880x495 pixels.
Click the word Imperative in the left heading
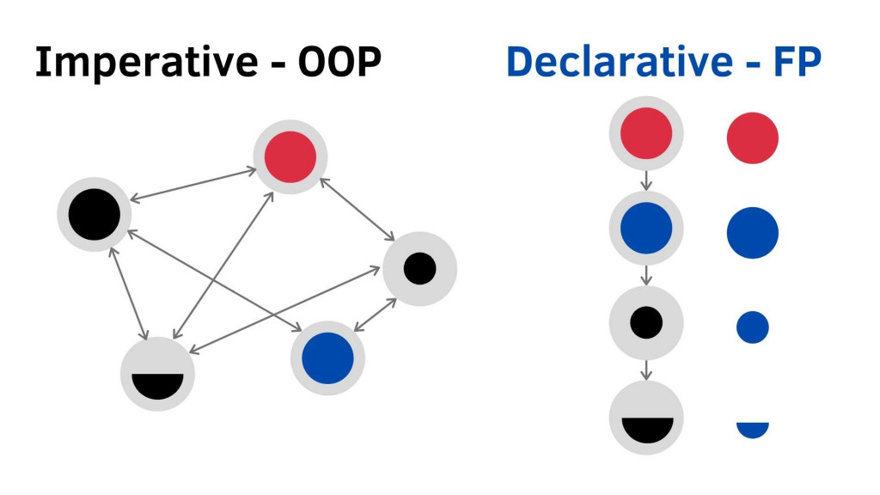click(146, 63)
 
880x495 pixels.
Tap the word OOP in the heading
click(339, 61)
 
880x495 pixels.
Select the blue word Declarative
click(620, 61)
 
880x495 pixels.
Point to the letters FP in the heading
click(797, 61)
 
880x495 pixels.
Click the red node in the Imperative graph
click(290, 157)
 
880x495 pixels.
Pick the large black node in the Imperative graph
click(95, 214)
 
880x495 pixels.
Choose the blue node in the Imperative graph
click(327, 358)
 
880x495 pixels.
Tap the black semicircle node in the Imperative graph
click(158, 374)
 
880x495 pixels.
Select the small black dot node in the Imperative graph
click(419, 269)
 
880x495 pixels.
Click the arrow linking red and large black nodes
click(193, 185)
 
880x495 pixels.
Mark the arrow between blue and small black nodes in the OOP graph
click(376, 315)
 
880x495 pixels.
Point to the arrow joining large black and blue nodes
click(214, 279)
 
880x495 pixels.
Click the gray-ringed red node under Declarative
click(646, 133)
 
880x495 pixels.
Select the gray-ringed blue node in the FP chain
click(646, 229)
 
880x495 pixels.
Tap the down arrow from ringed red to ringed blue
click(646, 180)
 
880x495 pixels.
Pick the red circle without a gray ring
click(753, 138)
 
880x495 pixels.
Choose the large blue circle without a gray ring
click(753, 233)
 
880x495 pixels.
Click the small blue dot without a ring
click(753, 327)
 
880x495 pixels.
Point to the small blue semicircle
click(753, 430)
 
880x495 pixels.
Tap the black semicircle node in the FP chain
click(646, 419)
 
